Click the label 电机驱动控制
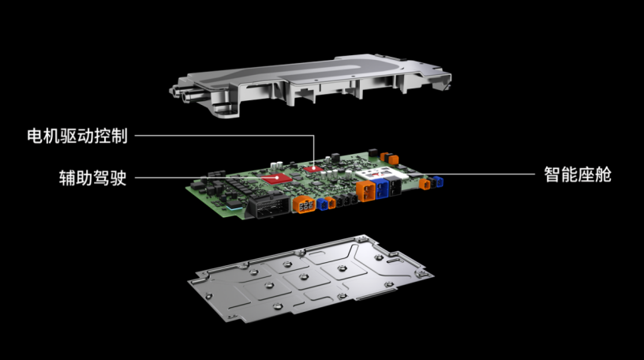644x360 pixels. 77,136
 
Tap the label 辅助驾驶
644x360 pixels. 92,178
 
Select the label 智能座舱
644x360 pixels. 578,174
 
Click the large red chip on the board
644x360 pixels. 277,178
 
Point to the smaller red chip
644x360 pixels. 314,168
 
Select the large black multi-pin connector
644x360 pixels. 269,207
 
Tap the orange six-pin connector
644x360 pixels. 305,204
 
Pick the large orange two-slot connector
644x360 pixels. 365,191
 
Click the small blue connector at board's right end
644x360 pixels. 439,182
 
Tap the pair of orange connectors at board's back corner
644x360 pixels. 389,158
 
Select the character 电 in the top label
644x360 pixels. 36,136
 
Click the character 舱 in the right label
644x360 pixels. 603,174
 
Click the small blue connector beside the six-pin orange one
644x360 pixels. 321,204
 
